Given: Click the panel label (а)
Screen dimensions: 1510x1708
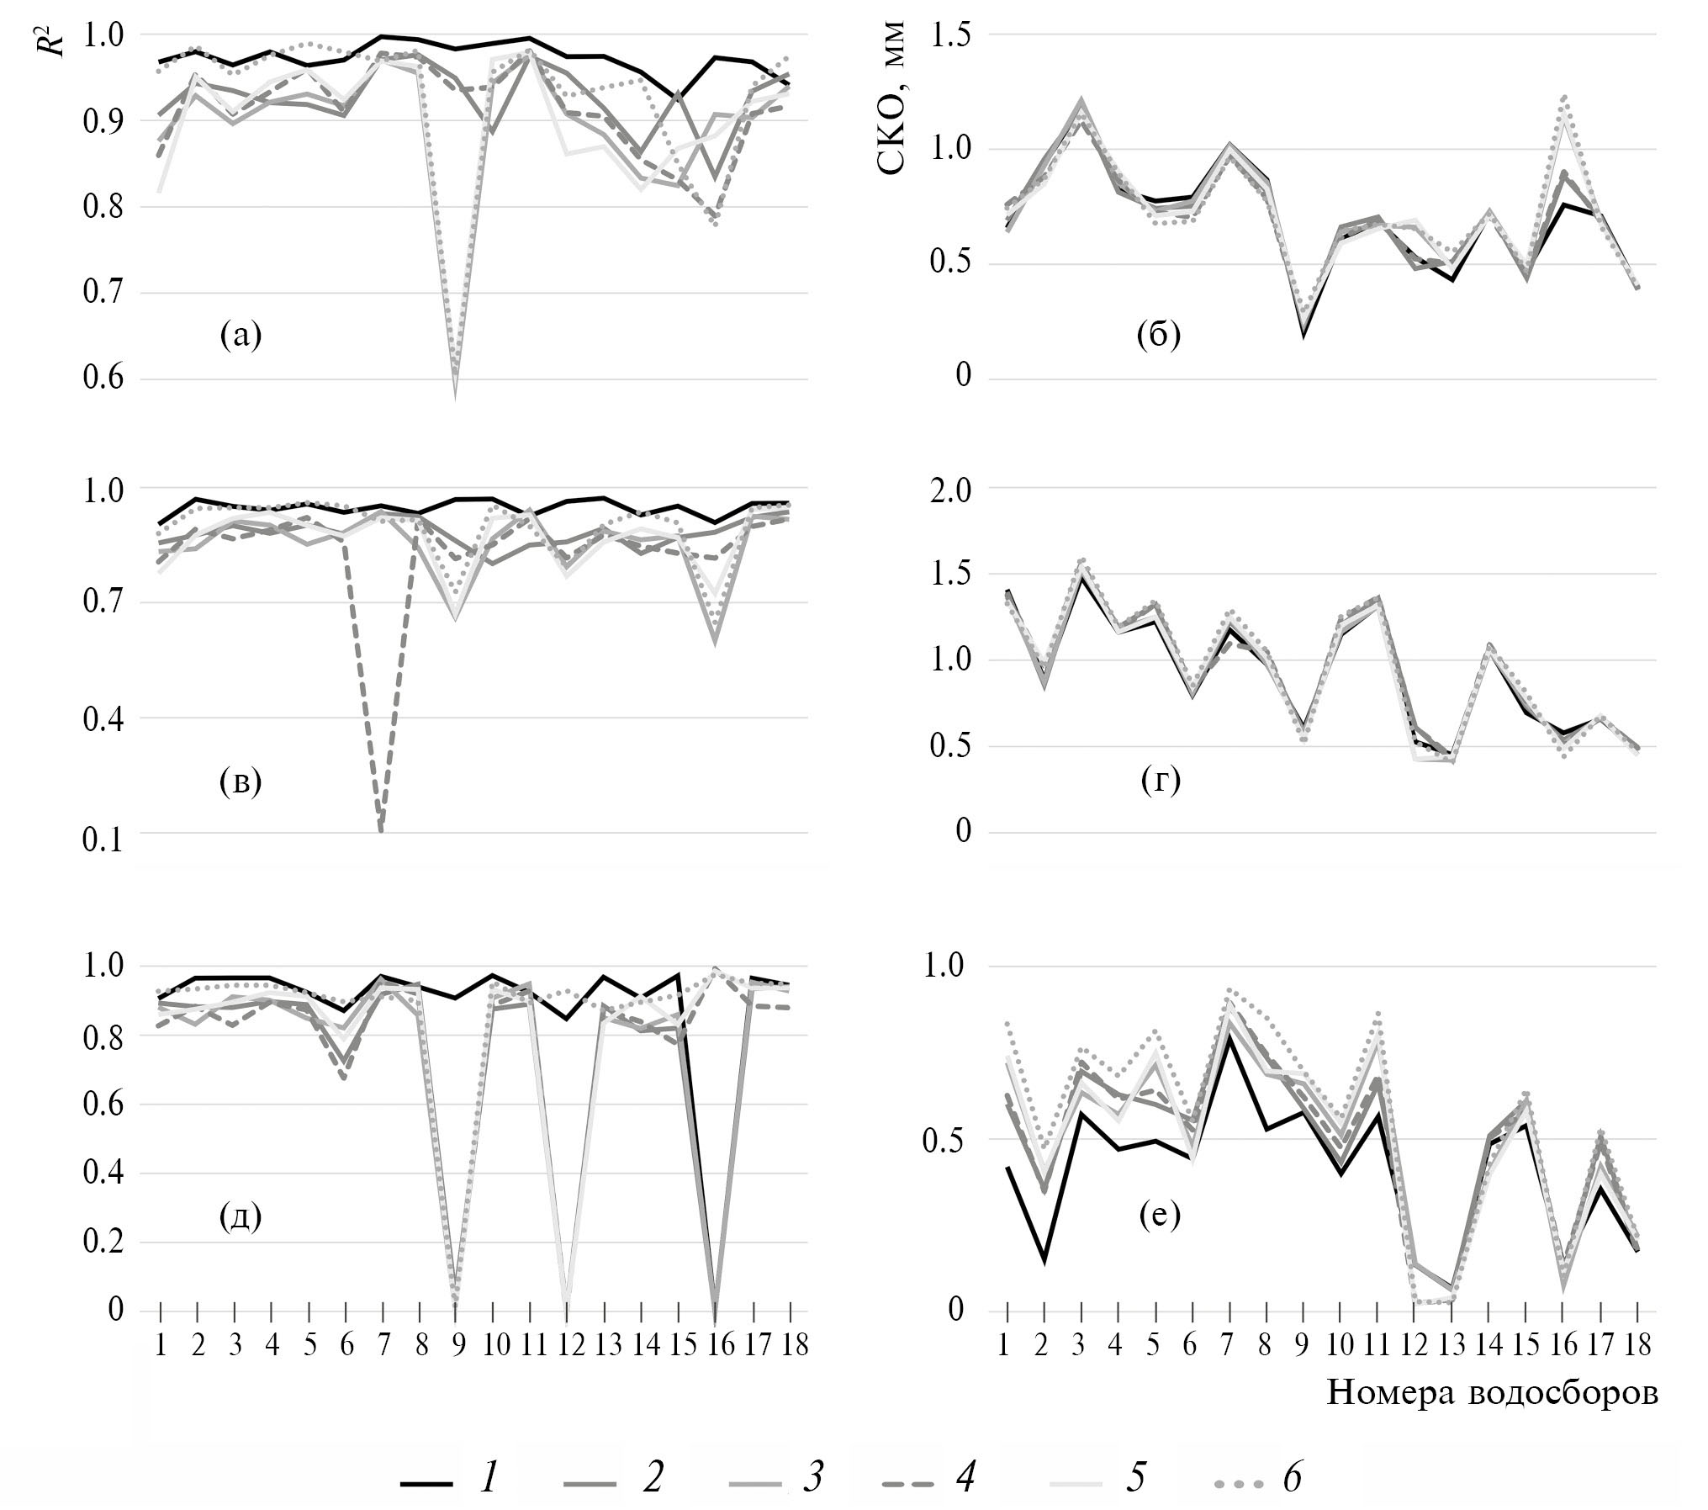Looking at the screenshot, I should [241, 336].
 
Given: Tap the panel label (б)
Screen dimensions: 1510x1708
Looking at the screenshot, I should [1159, 336].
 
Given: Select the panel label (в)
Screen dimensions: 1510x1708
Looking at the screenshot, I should [241, 782].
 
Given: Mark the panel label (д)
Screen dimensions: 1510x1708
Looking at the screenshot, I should [241, 1216].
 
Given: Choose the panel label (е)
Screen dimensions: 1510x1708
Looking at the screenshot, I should [1159, 1216].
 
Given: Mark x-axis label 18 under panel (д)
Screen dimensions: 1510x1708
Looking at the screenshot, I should [791, 1346].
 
